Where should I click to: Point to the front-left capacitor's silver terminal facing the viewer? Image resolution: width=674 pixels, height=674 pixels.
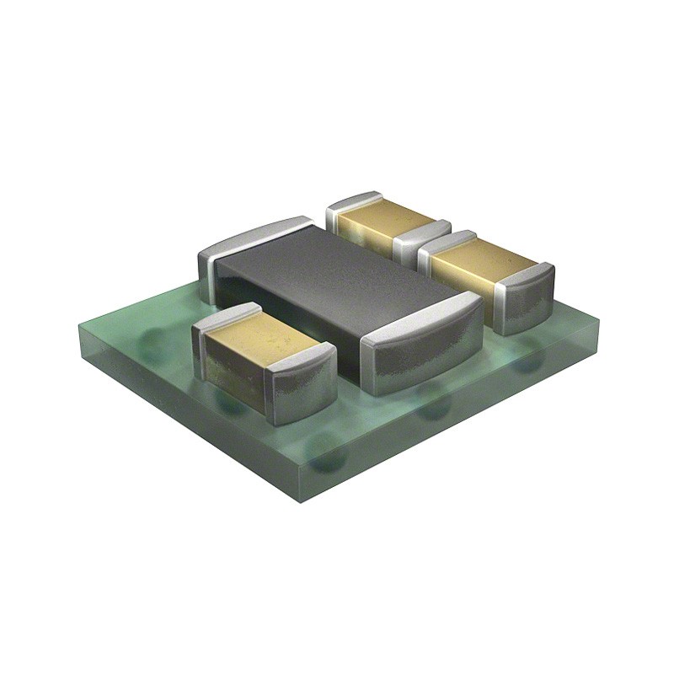click(x=299, y=383)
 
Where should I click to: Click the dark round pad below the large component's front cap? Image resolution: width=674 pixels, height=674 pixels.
click(x=434, y=409)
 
